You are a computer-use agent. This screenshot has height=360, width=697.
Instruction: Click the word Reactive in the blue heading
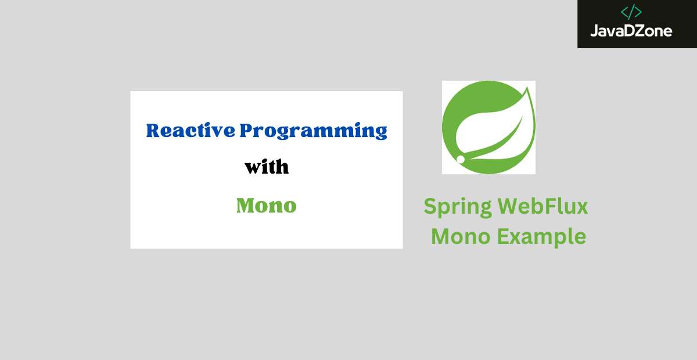(191, 130)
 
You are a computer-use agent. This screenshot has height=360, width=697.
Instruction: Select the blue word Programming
(313, 131)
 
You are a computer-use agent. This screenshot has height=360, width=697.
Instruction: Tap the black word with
(267, 167)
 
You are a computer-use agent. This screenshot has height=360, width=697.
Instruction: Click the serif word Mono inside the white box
(267, 206)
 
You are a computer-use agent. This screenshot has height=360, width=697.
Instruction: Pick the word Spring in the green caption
(458, 207)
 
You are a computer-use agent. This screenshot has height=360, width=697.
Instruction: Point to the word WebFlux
(542, 206)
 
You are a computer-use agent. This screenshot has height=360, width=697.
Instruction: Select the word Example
(542, 237)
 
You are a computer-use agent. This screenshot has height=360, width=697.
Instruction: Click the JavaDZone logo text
(631, 31)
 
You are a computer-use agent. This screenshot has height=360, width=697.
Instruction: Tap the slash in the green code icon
(631, 12)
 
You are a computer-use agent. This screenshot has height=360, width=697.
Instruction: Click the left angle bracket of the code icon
(624, 12)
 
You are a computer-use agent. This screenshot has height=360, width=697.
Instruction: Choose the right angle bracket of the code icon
(638, 12)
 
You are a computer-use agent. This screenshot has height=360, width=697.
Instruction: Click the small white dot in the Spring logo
(461, 159)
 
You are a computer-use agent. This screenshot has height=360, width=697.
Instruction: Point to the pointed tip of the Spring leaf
(527, 88)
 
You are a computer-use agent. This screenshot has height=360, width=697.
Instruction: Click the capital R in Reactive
(154, 131)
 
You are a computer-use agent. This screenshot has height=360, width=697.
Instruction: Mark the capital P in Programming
(247, 131)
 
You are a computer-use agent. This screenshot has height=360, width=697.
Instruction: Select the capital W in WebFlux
(510, 206)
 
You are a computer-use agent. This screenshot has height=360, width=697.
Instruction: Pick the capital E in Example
(503, 236)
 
